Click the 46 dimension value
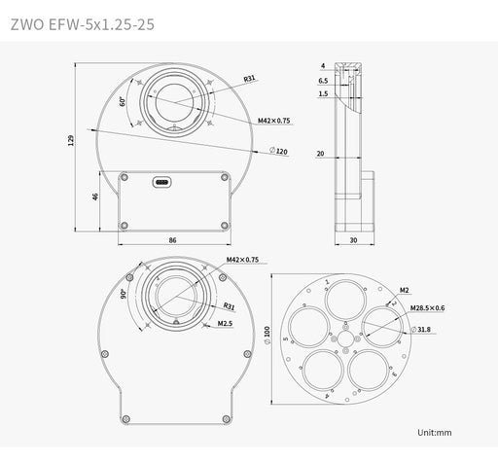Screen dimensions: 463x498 click(94, 197)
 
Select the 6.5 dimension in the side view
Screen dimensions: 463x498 click(322, 82)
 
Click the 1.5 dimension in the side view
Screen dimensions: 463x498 click(322, 94)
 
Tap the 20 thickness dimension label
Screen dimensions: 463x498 click(320, 153)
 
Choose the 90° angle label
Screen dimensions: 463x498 click(124, 293)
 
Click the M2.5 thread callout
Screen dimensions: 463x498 click(224, 323)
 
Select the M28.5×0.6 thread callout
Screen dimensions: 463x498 click(427, 308)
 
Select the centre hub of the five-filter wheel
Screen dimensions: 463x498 click(345, 338)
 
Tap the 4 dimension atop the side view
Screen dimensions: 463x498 click(322, 66)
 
